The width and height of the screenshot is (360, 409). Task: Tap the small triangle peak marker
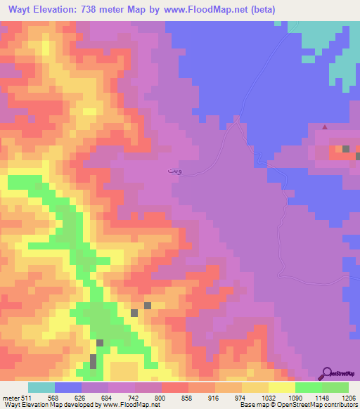pos(324,127)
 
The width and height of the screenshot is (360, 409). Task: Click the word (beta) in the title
pos(259,10)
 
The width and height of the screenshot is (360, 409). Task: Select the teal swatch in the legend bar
pos(41,388)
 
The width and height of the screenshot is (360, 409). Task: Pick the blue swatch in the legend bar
pos(68,388)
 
